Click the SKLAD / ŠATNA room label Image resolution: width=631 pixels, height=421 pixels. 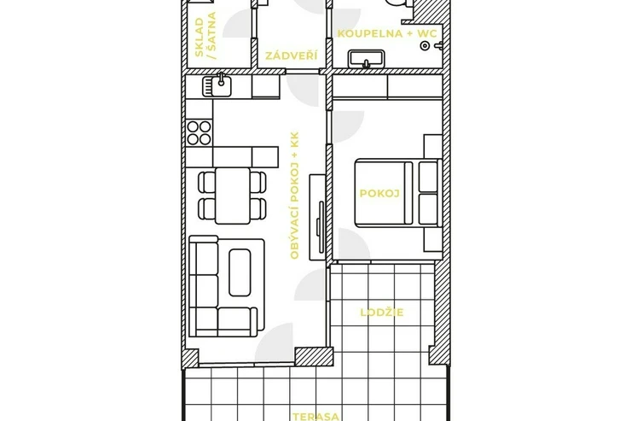click(206, 36)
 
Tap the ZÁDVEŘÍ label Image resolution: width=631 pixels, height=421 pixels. click(291, 56)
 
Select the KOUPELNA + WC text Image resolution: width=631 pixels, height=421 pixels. click(387, 33)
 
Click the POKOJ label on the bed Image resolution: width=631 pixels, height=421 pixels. click(379, 193)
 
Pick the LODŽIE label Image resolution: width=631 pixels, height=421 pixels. click(381, 313)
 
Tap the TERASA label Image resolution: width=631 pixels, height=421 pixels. click(315, 417)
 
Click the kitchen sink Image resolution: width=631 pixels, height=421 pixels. click(217, 85)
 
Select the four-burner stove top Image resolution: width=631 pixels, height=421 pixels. click(200, 133)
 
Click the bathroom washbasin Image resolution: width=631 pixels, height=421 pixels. click(366, 59)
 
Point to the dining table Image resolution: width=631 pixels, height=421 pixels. click(233, 196)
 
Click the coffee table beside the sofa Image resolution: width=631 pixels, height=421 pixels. click(240, 272)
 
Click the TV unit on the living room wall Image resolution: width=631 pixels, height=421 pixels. click(317, 217)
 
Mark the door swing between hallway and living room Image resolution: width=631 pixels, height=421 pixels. click(303, 91)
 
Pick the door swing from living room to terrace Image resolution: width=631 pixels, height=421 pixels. click(275, 345)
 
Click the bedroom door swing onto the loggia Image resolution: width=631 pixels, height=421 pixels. click(354, 244)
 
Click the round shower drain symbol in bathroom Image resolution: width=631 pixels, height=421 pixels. click(425, 45)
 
